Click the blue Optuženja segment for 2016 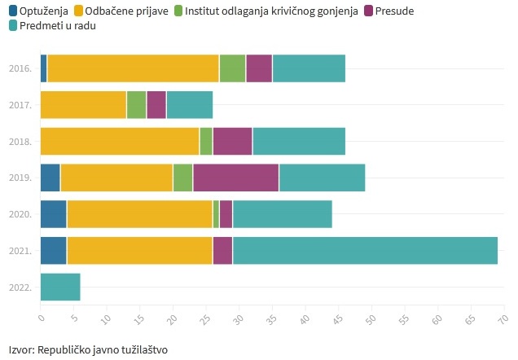tap(44, 68)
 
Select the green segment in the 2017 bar tap(137, 105)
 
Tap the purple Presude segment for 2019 tap(236, 178)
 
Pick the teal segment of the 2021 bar tap(365, 251)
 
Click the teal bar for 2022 tap(60, 287)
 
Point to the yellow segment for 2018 tap(120, 141)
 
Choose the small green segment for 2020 tap(216, 214)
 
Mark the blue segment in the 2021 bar tap(54, 251)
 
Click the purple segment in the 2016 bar tap(259, 68)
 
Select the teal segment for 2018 tap(299, 141)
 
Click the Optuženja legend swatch tap(13, 11)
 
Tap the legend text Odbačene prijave tap(126, 11)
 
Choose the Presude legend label tap(394, 11)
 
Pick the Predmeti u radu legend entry tap(52, 26)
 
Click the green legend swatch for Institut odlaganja tap(178, 11)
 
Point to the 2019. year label tap(20, 178)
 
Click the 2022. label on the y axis tap(20, 288)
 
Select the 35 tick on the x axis tap(272, 318)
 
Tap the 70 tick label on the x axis tap(504, 318)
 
